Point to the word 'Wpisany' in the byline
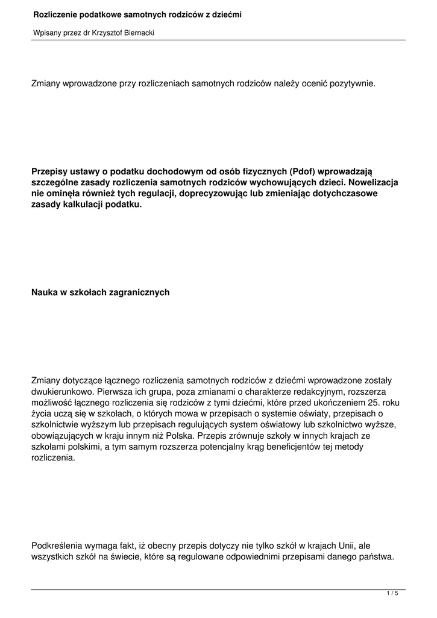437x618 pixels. (46, 33)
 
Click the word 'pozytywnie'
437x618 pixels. (354, 83)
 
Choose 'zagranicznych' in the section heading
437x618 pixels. (135, 292)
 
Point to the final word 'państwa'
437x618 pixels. (377, 557)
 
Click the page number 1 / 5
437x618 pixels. (392, 594)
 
